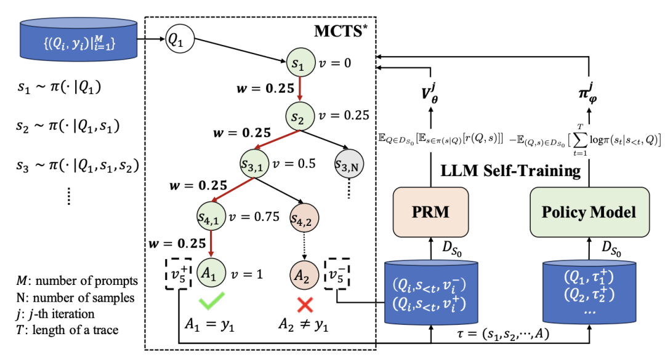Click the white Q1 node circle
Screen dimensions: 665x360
[179, 39]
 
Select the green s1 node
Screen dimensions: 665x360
[300, 63]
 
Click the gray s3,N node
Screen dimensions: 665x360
[349, 164]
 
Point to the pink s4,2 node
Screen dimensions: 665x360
[304, 218]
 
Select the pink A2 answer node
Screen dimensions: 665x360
[304, 275]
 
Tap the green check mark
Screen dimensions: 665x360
[212, 301]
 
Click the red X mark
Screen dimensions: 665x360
[305, 305]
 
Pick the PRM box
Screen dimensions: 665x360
[430, 212]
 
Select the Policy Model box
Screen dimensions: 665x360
[589, 212]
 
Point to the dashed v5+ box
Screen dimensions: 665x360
[179, 274]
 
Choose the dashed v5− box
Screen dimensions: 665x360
[337, 274]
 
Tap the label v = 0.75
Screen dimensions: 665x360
[254, 217]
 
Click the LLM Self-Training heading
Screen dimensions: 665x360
[510, 171]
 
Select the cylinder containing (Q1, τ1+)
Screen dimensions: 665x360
[589, 292]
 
